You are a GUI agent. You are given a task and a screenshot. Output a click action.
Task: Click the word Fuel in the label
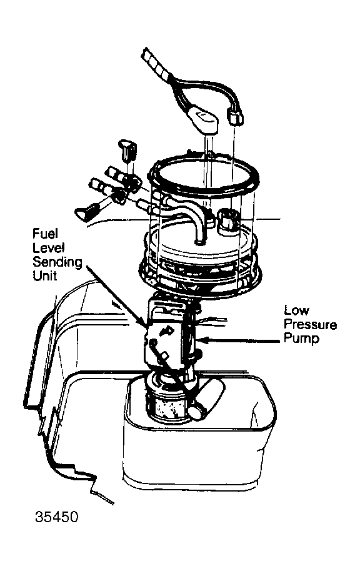tap(45, 234)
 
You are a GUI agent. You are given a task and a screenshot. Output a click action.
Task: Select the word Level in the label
tap(49, 247)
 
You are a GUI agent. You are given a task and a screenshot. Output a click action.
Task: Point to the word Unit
tap(44, 275)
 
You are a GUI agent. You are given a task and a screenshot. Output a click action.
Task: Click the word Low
tap(296, 310)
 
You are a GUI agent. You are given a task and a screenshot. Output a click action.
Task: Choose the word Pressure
tap(310, 324)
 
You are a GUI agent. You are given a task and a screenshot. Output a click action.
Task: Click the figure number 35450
tap(56, 517)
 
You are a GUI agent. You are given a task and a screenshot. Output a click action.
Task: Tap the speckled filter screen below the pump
tap(167, 406)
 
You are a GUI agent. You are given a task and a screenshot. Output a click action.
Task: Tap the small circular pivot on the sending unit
tap(154, 342)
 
